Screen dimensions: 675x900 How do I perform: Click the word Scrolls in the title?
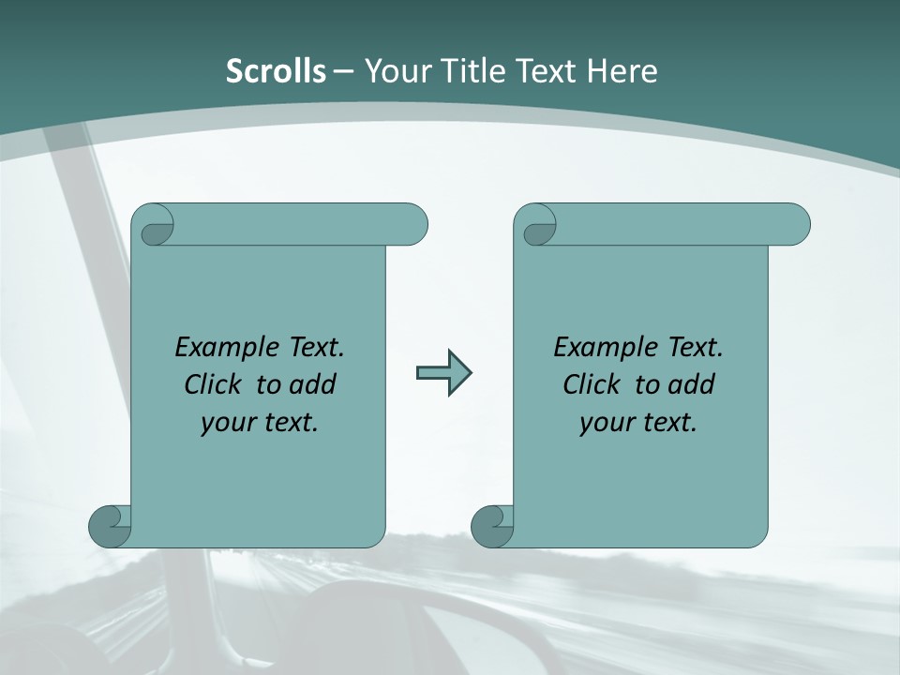tap(277, 71)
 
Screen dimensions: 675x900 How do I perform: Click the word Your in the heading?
tap(395, 71)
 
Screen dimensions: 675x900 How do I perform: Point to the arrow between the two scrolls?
tap(443, 373)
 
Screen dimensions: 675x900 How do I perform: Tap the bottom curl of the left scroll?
tap(110, 526)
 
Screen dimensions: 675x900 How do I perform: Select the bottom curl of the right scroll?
tap(492, 526)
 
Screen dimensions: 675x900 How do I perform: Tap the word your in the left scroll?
tap(227, 423)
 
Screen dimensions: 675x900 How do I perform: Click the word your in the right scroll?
tap(606, 423)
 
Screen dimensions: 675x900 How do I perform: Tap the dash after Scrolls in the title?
tap(343, 71)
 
